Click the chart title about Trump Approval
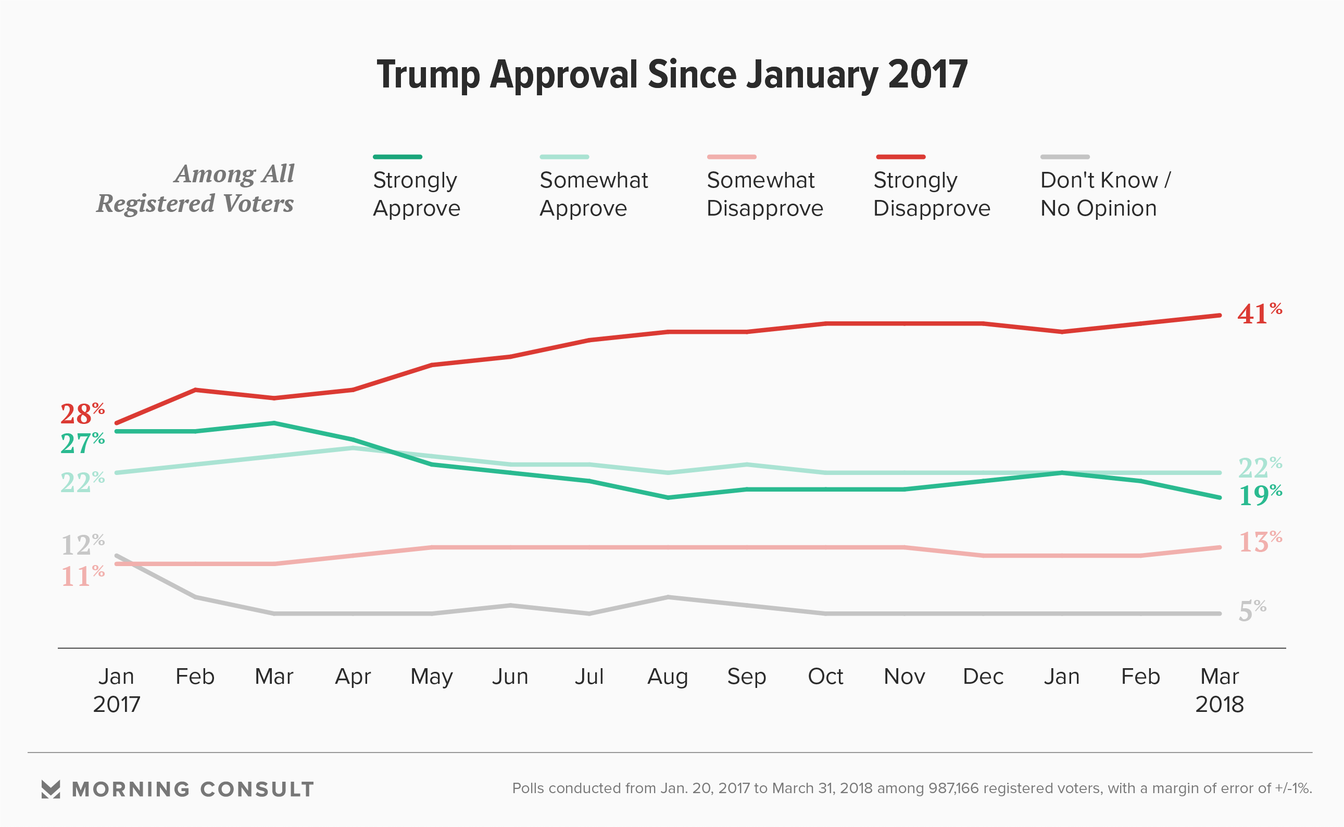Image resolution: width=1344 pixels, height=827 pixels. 672,75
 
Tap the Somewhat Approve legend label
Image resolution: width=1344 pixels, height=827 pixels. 593,194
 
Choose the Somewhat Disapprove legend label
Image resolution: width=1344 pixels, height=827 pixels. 764,194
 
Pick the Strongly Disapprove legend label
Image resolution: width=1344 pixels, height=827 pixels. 931,194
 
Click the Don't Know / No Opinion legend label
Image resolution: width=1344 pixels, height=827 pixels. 1104,194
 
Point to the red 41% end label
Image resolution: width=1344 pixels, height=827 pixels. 1259,314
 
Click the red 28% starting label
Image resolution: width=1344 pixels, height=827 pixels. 82,414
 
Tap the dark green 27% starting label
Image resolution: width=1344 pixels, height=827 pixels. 82,443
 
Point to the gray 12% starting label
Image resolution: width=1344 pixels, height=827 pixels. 82,545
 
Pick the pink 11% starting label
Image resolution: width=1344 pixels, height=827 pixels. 82,577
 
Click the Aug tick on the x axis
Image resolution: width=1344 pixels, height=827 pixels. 668,676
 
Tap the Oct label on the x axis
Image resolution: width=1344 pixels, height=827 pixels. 825,676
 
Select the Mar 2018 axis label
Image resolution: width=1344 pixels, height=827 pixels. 1220,690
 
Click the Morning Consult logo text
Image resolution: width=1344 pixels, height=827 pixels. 193,790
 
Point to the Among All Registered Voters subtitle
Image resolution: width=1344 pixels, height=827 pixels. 196,189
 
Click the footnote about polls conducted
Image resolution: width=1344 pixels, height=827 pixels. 911,788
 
